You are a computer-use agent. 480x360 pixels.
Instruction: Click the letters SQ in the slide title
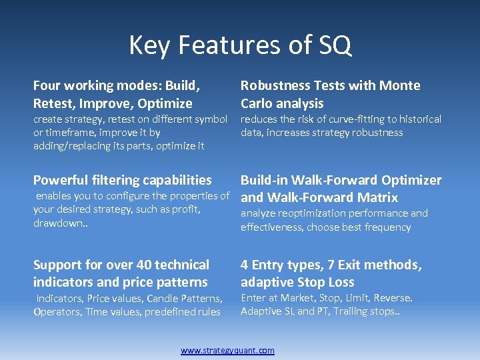tap(333, 45)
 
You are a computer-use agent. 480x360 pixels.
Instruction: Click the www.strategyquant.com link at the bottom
tap(227, 350)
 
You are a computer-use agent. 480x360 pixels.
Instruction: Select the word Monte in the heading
tap(399, 85)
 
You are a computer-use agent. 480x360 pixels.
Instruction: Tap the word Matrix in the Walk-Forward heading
tap(376, 197)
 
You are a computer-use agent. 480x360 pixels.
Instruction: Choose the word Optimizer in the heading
tap(411, 180)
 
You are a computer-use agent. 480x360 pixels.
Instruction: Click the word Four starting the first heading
tap(47, 85)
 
